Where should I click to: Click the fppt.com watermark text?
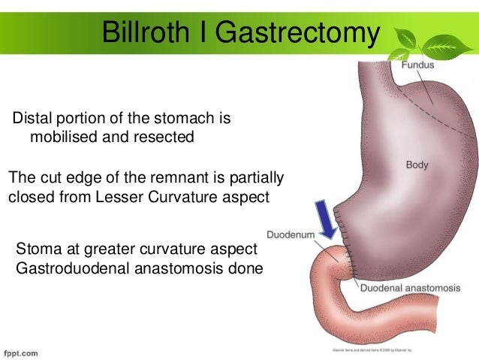pyautogui.click(x=21, y=351)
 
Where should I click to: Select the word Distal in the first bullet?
pyautogui.click(x=33, y=119)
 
